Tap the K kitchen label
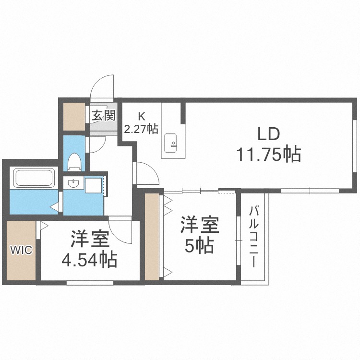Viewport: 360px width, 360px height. tap(141, 116)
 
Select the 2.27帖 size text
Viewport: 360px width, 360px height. tap(141, 129)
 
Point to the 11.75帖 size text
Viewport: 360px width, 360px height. tap(268, 154)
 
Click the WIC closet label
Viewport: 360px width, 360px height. tap(22, 250)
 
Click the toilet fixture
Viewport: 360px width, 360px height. tap(74, 162)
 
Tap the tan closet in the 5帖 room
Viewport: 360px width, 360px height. tap(152, 237)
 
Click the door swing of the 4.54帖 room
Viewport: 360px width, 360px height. tap(120, 229)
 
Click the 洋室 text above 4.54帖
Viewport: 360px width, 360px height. tap(89, 239)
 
